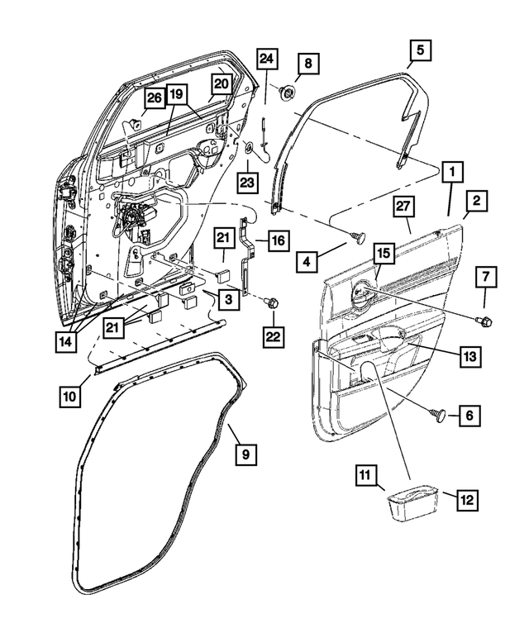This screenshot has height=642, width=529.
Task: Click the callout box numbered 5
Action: coord(419,51)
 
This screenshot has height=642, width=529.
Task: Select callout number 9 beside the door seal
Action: coord(243,454)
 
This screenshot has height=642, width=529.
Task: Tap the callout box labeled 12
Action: coord(467,499)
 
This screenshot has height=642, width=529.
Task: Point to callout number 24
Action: coord(266,59)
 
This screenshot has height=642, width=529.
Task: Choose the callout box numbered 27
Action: coord(403,207)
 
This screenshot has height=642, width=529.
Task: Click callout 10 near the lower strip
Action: coord(71,397)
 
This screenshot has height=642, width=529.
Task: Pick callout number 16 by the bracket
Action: coord(277,240)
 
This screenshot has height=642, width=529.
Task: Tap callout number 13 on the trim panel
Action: coord(469,356)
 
